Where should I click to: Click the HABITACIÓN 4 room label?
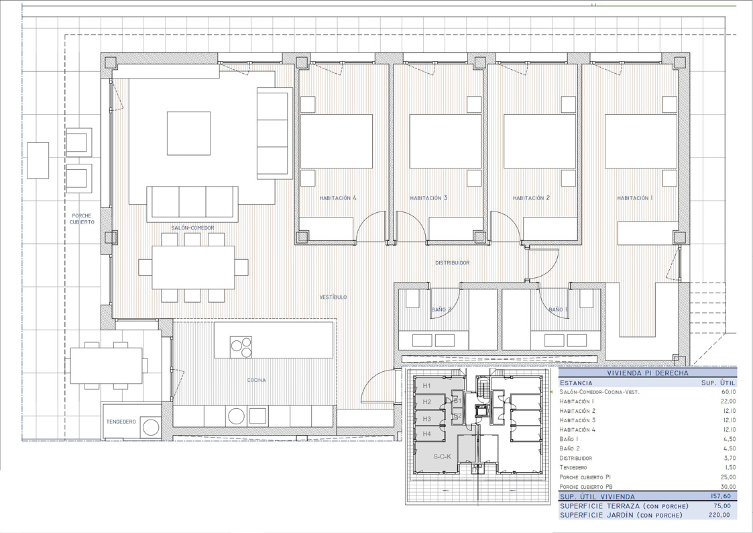coord(338,198)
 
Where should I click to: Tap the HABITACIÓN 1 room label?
coord(634,198)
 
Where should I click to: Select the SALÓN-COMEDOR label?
coord(192,228)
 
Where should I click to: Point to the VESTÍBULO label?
coord(333,297)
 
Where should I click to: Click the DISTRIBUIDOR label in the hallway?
coord(453,263)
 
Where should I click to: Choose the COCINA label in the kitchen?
coord(256,380)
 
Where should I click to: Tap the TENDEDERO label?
coord(121,422)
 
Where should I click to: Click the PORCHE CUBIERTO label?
coord(82,218)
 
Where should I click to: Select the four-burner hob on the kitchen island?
coord(241,347)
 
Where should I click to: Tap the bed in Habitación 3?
coord(445,141)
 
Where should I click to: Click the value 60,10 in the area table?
coord(727,391)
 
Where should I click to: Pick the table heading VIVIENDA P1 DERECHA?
coord(647,373)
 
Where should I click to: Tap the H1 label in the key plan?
coord(427,386)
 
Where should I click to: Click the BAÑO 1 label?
coord(558,309)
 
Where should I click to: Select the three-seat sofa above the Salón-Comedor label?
coord(192,201)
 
